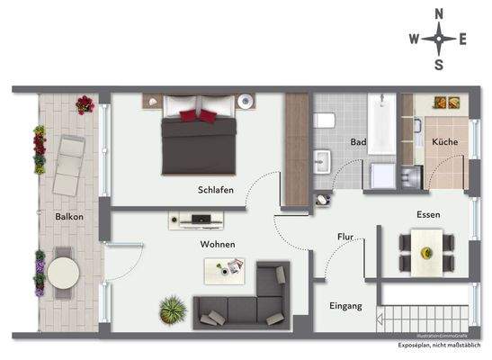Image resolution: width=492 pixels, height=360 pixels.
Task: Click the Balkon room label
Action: click(x=69, y=217)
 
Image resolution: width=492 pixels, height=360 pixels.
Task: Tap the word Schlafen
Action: click(x=216, y=190)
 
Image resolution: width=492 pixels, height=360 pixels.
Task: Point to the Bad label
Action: click(x=358, y=142)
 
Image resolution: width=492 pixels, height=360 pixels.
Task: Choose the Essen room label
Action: click(x=428, y=214)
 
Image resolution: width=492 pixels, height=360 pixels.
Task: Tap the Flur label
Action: click(x=345, y=238)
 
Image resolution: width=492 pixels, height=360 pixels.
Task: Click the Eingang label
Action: click(x=345, y=306)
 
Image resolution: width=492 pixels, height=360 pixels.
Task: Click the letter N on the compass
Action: click(x=439, y=13)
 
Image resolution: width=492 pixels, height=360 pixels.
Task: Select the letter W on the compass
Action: click(x=414, y=39)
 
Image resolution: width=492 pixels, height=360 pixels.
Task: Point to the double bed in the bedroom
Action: click(x=199, y=139)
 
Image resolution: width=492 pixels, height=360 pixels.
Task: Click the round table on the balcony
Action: click(x=63, y=273)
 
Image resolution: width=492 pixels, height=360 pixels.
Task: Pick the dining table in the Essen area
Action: click(x=425, y=247)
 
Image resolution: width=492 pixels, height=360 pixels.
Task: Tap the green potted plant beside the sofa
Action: click(x=172, y=311)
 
